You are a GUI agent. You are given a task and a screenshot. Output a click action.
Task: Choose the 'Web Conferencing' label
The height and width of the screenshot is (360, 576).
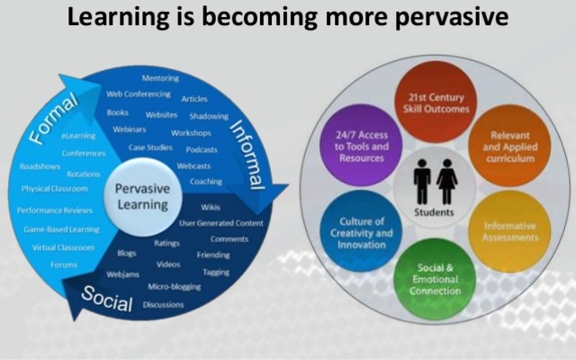click(x=139, y=93)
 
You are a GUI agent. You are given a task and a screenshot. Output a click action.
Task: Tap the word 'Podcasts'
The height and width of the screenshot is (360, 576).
click(x=202, y=150)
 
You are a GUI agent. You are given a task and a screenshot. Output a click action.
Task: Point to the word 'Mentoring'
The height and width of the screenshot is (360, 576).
click(x=160, y=78)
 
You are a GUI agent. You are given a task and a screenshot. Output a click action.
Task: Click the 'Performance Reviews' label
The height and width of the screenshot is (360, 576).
click(x=56, y=210)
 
